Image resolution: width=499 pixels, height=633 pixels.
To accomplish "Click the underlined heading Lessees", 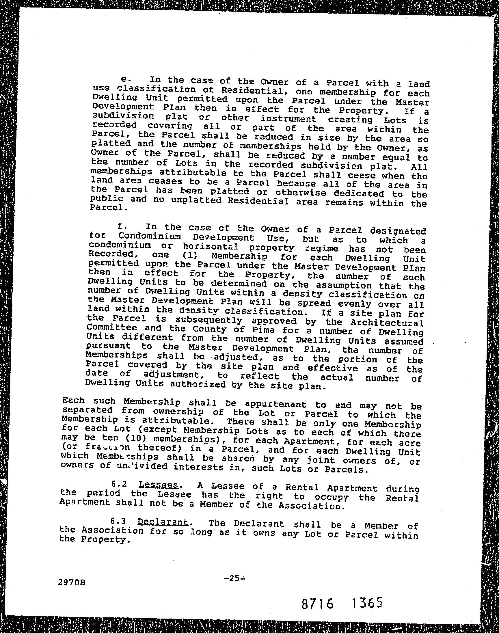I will coord(158,485).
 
